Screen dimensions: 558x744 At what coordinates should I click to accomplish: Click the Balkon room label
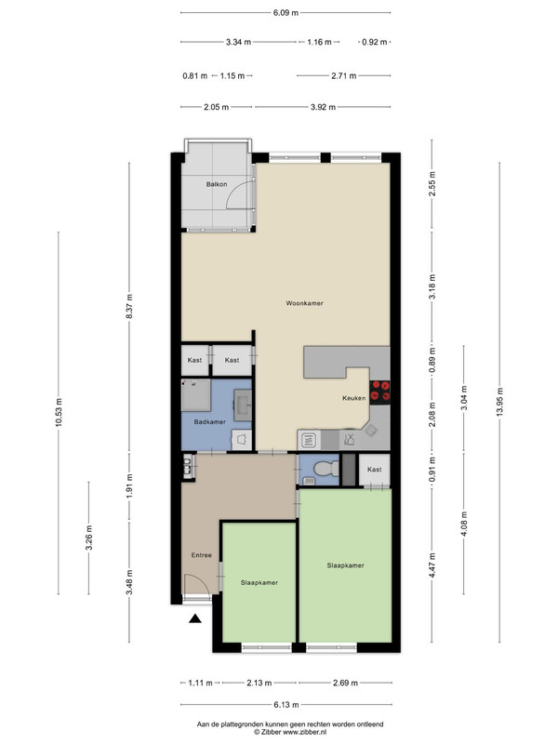(217, 184)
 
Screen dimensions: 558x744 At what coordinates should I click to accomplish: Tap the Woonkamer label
(304, 303)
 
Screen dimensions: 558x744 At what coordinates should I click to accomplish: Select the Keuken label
(354, 398)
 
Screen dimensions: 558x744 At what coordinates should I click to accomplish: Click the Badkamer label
(210, 421)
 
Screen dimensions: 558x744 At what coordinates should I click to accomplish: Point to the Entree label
(201, 554)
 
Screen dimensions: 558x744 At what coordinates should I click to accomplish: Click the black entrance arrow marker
(195, 618)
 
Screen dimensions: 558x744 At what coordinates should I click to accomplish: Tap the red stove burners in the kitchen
(379, 392)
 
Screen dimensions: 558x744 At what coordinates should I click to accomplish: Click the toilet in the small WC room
(326, 469)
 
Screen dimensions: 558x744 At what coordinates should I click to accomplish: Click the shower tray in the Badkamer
(196, 394)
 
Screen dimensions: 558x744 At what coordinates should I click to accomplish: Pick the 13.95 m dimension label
(499, 402)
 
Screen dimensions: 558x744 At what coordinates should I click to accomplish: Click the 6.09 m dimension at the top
(286, 13)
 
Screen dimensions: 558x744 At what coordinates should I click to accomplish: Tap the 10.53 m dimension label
(59, 412)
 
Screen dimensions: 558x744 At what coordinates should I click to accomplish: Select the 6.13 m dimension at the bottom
(286, 705)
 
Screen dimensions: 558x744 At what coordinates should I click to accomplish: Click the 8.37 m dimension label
(129, 307)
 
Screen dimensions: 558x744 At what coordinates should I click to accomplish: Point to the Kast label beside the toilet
(375, 470)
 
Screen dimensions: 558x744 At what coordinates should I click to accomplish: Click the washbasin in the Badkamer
(243, 405)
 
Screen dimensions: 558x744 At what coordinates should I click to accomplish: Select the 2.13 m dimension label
(259, 683)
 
